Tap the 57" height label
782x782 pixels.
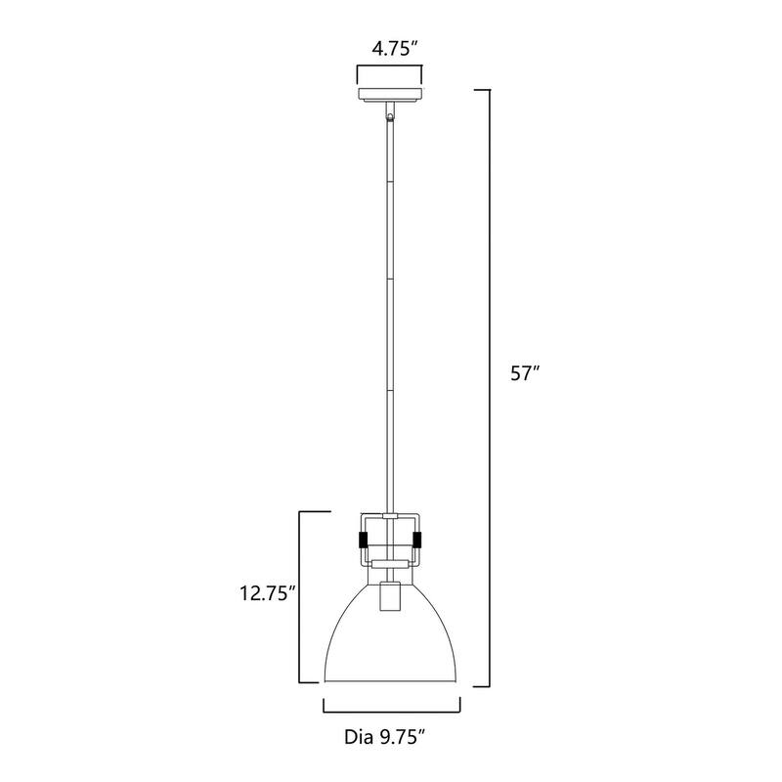click(x=523, y=372)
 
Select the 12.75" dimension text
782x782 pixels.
click(x=266, y=594)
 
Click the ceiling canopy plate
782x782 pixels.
click(x=390, y=95)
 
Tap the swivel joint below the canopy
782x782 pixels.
click(x=391, y=116)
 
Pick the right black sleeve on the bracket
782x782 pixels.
click(x=418, y=540)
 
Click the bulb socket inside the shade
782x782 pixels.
click(x=390, y=596)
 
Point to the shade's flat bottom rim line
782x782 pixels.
click(x=391, y=684)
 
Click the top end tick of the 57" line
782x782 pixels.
click(x=481, y=90)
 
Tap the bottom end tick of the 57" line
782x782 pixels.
click(x=481, y=687)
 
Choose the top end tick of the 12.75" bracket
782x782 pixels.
click(x=309, y=511)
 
